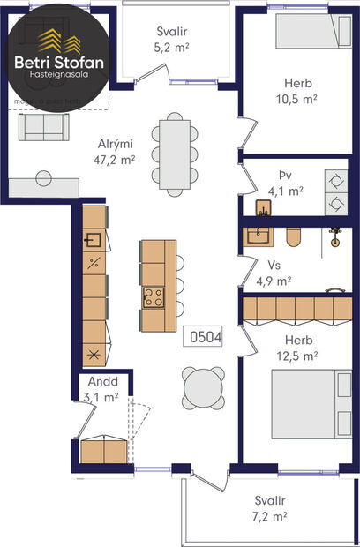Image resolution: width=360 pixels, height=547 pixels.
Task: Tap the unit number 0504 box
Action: coord(202,336)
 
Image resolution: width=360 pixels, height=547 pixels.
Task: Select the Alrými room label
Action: coord(115,145)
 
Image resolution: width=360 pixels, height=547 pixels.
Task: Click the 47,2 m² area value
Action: coord(115,160)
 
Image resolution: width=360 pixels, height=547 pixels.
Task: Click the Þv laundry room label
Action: coord(283,175)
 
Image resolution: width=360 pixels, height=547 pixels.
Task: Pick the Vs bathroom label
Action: coord(274,266)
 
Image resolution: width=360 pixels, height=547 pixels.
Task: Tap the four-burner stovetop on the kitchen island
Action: coord(153,297)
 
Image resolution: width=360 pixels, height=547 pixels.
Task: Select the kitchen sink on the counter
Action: coord(94,239)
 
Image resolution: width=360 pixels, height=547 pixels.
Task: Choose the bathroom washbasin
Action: coord(259,236)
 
